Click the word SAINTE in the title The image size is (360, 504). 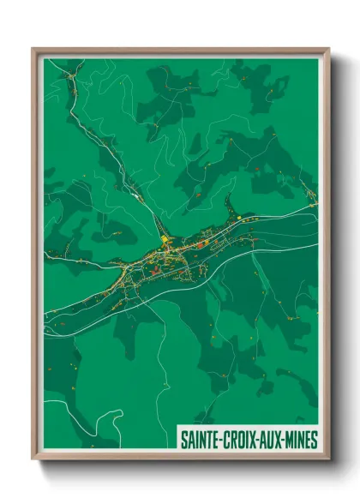[198, 440]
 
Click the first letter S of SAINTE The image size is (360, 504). [183, 440]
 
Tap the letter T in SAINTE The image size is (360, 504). [207, 440]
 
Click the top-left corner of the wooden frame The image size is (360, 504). [33, 49]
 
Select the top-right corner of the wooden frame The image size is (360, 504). [328, 49]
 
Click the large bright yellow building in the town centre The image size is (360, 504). [164, 241]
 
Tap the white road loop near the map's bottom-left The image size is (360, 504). [107, 421]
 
